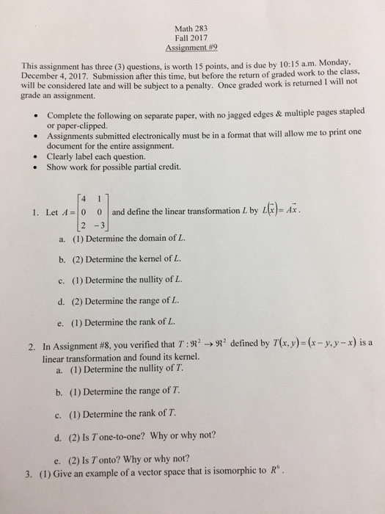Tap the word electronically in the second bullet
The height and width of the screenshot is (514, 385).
(x=182, y=140)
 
